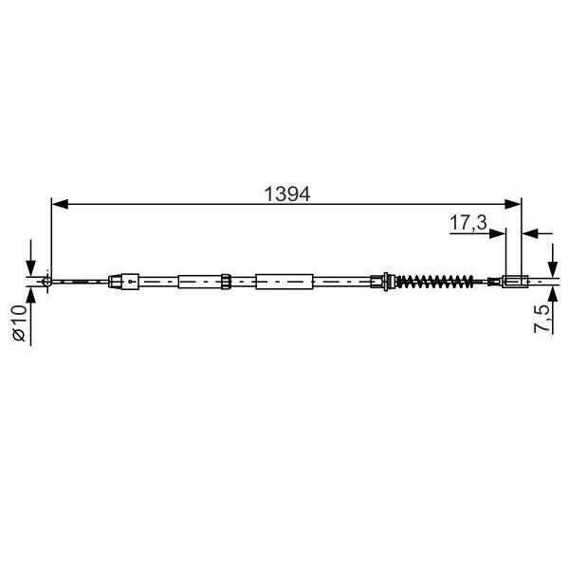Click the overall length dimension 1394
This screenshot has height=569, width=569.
tap(287, 193)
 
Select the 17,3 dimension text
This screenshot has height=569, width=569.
tap(468, 224)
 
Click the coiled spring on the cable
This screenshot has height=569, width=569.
tap(433, 281)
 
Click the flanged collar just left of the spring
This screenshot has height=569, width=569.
tap(384, 281)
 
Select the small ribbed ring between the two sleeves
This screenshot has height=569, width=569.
tap(227, 281)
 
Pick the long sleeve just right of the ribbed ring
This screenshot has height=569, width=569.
tap(284, 281)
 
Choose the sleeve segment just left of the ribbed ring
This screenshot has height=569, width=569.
tap(198, 281)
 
